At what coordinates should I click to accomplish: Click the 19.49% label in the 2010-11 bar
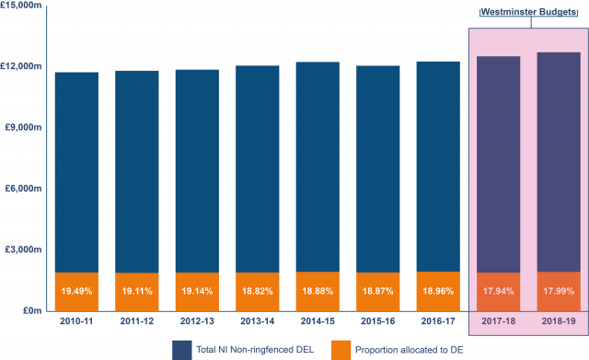76,292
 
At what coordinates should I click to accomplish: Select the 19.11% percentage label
136,292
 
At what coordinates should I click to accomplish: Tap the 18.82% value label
257,292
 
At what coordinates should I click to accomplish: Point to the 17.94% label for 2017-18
498,292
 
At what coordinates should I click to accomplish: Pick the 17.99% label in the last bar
558,292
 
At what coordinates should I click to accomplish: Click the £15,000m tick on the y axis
23,6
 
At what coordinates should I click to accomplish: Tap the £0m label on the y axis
32,310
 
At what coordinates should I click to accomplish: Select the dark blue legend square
180,349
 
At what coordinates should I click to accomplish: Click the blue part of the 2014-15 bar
318,166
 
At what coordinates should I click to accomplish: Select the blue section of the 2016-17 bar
438,166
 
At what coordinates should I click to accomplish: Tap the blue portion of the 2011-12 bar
136,170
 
